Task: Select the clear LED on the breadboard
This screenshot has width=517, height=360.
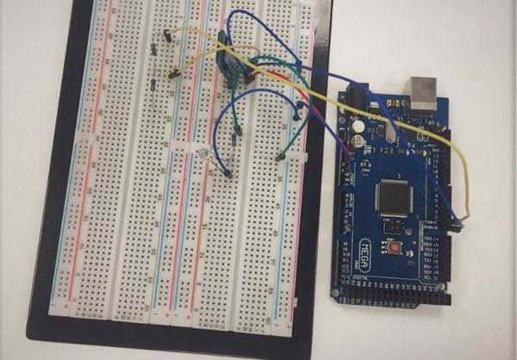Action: (x=205, y=155)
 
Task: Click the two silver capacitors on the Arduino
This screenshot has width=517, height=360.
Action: (x=357, y=131)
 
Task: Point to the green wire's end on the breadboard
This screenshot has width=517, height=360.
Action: (x=280, y=157)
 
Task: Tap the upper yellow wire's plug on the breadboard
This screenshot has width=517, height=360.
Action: (x=165, y=35)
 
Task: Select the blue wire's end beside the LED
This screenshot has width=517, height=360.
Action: (x=227, y=173)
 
